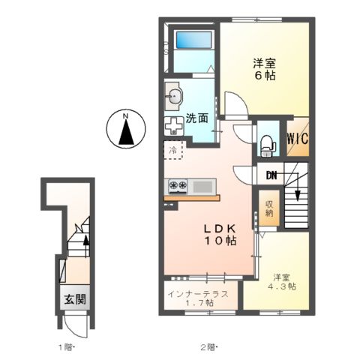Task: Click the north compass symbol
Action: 126,129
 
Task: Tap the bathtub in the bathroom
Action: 193,46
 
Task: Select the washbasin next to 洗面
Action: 175,94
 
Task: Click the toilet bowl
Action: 265,142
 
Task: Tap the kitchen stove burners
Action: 178,185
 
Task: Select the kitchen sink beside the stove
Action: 202,185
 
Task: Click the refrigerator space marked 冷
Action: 172,150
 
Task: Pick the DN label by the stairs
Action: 271,177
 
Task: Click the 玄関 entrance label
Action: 74,298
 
